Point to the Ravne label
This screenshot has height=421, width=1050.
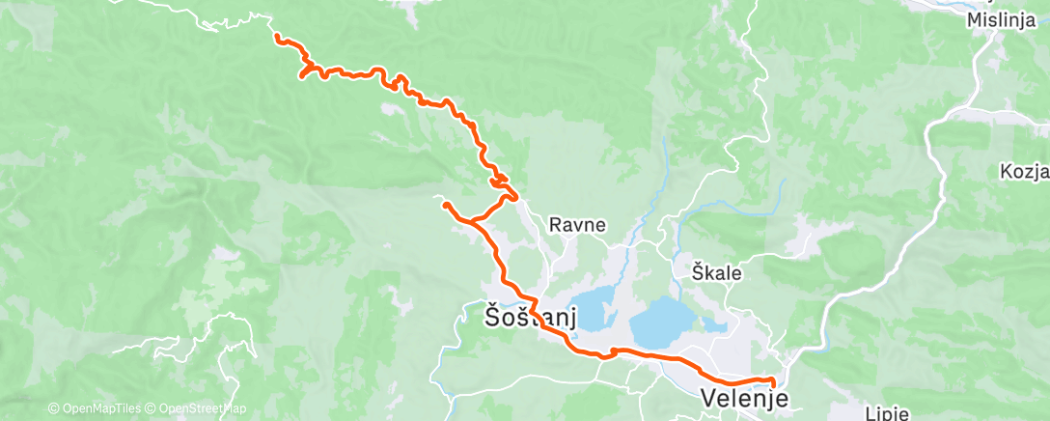coord(577,225)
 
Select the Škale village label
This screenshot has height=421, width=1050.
coord(717,272)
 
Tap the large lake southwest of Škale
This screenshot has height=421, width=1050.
coord(666,322)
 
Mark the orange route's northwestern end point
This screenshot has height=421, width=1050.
coord(277,37)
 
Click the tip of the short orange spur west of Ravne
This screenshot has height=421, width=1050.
coord(444,204)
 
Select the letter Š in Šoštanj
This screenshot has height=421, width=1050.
coord(492,315)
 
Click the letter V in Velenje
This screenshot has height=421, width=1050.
coord(709,398)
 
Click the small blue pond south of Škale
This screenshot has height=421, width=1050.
coord(715,325)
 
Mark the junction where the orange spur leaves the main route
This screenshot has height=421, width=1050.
coord(474,224)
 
